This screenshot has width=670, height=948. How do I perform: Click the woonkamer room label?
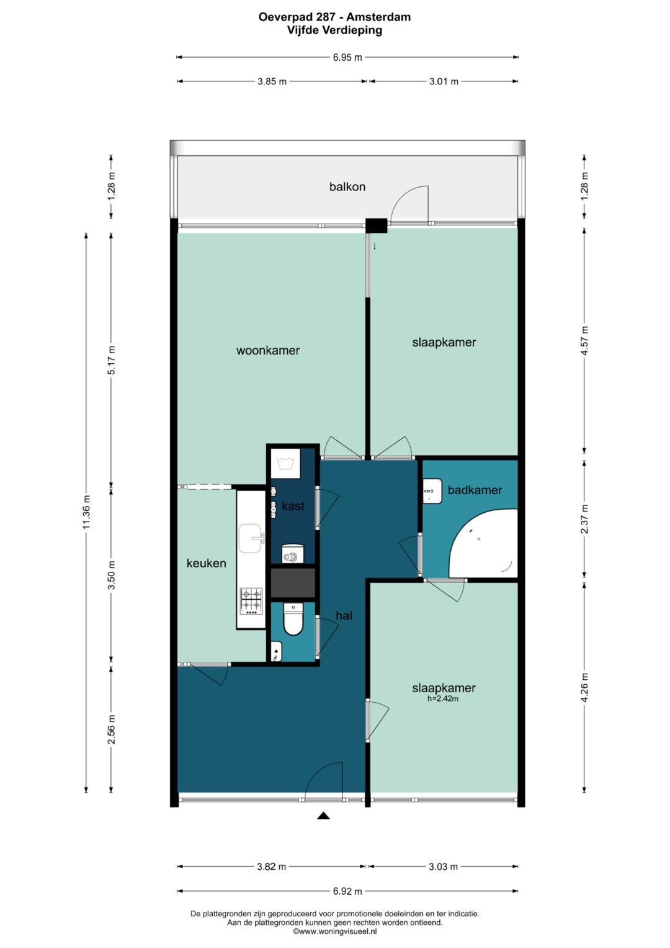point(268,350)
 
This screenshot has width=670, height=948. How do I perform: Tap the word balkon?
point(347,187)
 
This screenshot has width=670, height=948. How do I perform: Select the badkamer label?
point(475,490)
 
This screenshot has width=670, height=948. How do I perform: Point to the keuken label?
point(207,563)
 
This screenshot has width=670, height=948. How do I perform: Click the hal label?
point(344,616)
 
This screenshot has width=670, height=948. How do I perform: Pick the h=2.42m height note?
point(443,698)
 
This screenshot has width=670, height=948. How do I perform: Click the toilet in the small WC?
point(293,619)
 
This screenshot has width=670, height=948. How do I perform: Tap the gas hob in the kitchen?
point(251,602)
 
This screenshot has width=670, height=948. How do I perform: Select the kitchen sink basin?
point(251,538)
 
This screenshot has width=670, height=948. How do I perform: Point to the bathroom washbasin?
point(432,491)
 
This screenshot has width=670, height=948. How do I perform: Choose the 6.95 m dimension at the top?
point(347,57)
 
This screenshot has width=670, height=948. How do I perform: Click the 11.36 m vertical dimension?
point(86,512)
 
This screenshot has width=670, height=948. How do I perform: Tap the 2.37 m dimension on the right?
point(584,519)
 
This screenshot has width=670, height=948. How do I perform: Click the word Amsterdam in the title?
point(378,17)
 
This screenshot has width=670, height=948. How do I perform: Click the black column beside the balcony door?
point(377,225)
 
